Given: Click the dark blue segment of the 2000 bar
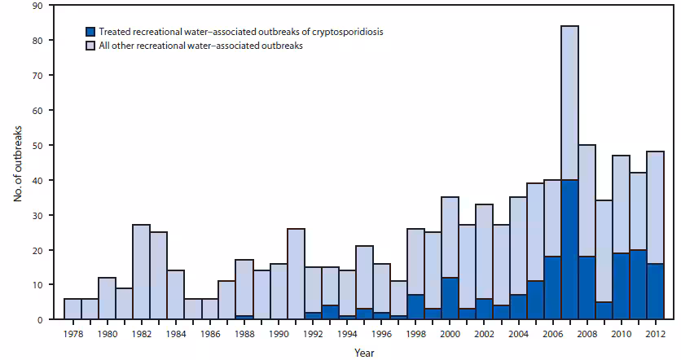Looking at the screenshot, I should (449, 298).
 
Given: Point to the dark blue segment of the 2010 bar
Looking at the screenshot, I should (621, 286).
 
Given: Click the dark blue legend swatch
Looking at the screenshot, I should (90, 32).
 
